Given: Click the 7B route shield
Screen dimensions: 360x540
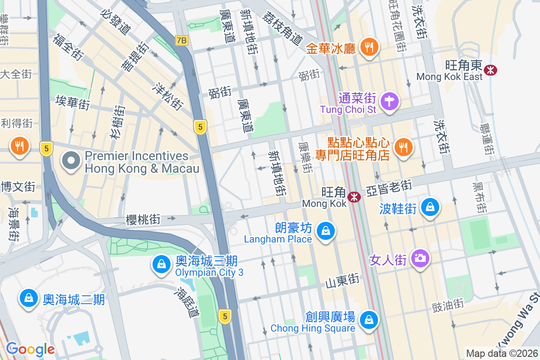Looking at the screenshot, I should click(181, 40).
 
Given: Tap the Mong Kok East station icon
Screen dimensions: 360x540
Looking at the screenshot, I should click(490, 70).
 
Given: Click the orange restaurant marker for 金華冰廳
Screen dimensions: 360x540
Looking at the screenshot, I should click(369, 47).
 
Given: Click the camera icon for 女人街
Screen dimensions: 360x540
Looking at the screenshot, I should click(420, 258).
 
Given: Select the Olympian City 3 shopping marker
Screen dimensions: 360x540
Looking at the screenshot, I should click(161, 264).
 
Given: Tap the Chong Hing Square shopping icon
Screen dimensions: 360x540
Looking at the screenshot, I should click(369, 320).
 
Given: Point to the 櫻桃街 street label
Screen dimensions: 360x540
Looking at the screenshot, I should click(143, 219).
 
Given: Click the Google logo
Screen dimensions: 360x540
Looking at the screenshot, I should click(30, 349).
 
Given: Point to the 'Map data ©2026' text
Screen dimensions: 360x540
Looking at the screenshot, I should click(501, 353).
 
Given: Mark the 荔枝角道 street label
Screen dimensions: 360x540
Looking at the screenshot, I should click(283, 27).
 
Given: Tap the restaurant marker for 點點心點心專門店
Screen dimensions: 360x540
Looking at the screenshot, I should click(403, 147).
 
